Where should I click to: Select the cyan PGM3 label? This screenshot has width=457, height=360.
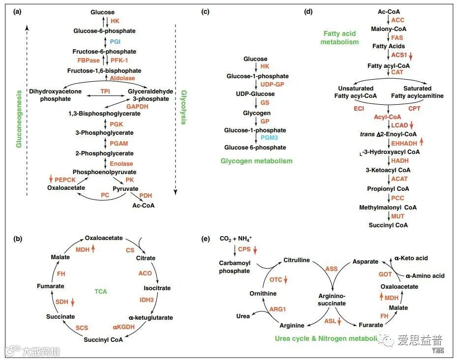[267, 139]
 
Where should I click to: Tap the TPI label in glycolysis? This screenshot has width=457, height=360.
[105, 91]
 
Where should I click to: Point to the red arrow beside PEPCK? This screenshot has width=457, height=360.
[50, 180]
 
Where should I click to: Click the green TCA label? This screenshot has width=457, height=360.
[101, 291]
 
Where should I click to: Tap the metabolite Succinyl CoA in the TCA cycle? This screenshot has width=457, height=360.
[103, 339]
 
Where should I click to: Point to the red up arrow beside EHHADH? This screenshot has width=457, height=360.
[422, 143]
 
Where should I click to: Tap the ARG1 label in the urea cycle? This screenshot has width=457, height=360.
[277, 309]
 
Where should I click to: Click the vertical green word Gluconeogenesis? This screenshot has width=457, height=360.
[19, 118]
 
